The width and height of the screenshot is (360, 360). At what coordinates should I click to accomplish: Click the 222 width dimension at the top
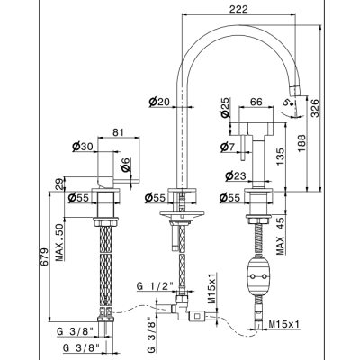pyautogui.click(x=238, y=9)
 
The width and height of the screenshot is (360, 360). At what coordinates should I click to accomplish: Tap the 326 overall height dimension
pyautogui.click(x=315, y=108)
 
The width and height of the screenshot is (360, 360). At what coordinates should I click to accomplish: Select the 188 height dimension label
pyautogui.click(x=301, y=143)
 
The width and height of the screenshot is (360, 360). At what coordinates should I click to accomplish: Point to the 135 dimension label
pyautogui.click(x=280, y=157)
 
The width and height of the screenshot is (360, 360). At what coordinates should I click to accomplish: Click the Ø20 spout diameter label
pyautogui.click(x=159, y=103)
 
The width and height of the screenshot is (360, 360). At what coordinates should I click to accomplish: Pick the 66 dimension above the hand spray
pyautogui.click(x=256, y=102)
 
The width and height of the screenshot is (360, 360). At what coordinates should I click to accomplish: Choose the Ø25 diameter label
pyautogui.click(x=225, y=107)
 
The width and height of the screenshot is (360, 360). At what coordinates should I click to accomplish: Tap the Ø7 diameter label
pyautogui.click(x=228, y=147)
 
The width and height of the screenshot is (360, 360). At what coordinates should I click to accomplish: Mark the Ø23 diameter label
pyautogui.click(x=236, y=176)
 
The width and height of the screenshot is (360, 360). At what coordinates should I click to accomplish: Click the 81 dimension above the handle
pyautogui.click(x=118, y=132)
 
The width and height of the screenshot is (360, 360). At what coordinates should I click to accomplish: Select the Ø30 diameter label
pyautogui.click(x=83, y=147)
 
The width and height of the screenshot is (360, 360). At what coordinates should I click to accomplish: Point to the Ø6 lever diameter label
pyautogui.click(x=126, y=165)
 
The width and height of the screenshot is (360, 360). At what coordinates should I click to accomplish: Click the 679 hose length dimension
pyautogui.click(x=44, y=256)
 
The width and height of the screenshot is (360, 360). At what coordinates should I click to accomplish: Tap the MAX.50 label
pyautogui.click(x=59, y=242)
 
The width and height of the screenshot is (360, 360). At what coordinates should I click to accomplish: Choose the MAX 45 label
pyautogui.click(x=280, y=236)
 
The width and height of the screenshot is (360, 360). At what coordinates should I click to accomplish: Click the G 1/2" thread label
pyautogui.click(x=156, y=286)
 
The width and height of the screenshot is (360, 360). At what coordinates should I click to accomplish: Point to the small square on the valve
pyautogui.click(x=197, y=315)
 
